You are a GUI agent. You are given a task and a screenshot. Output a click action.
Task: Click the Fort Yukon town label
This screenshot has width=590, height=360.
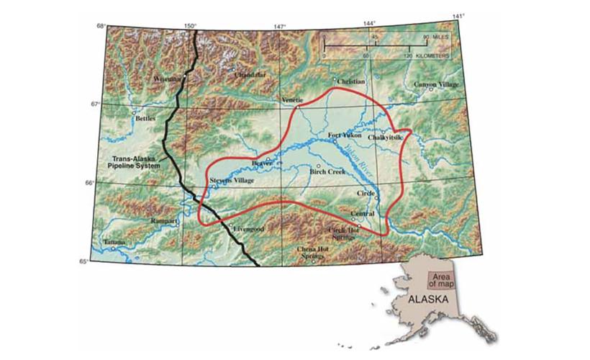[344, 135]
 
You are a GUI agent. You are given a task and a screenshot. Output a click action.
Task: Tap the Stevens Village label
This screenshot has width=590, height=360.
[231, 181]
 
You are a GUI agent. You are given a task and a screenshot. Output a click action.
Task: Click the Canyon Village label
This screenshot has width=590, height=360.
[435, 84]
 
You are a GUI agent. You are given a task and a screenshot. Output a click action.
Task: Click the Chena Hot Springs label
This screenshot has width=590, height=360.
[317, 252]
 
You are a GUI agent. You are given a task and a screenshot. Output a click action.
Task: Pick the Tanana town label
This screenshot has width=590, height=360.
[113, 243]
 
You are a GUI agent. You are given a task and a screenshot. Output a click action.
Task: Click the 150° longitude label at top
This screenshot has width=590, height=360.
[189, 27]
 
